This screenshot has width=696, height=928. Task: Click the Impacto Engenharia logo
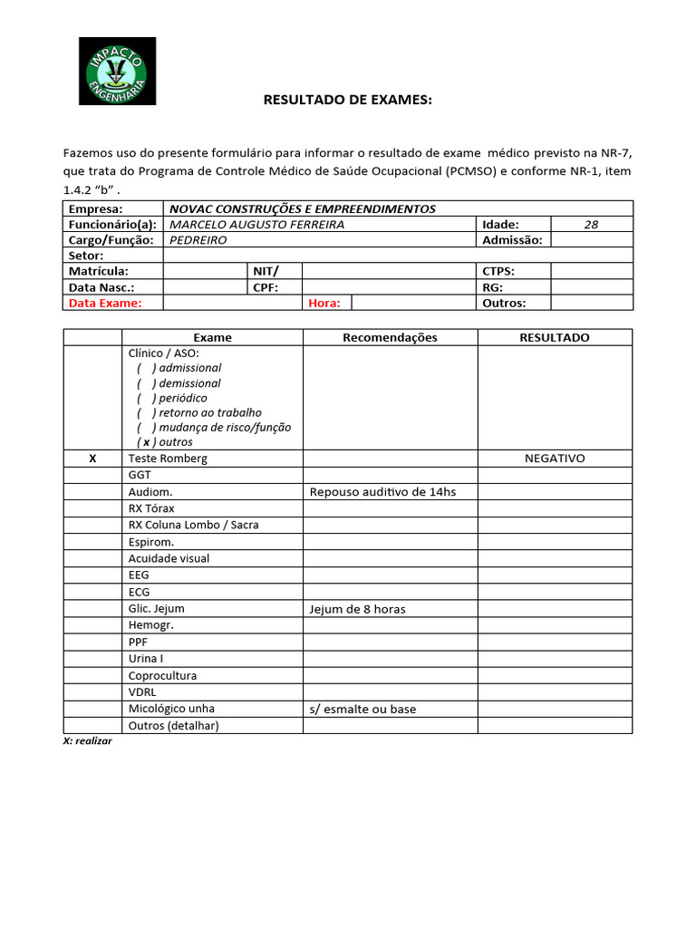click(x=117, y=71)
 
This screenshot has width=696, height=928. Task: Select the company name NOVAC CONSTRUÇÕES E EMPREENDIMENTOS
click(x=303, y=208)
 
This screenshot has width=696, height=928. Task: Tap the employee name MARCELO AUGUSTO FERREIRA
click(x=257, y=225)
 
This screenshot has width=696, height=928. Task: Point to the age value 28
click(x=591, y=225)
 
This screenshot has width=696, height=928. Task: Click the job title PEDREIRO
click(x=198, y=240)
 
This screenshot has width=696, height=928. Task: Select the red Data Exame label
click(x=105, y=304)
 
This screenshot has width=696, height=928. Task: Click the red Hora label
click(x=324, y=304)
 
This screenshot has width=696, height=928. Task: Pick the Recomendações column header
click(x=390, y=337)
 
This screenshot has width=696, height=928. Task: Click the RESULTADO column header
click(x=554, y=337)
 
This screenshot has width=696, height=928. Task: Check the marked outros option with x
click(x=146, y=442)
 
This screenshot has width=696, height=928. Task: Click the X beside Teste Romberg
click(x=92, y=459)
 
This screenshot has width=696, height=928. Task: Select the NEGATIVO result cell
click(x=555, y=459)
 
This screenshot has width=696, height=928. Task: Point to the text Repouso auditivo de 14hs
click(x=382, y=492)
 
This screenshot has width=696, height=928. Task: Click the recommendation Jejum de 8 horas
click(x=357, y=609)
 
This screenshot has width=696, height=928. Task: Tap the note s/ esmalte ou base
click(x=362, y=709)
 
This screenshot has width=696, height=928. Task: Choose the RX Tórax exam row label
click(x=151, y=508)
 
